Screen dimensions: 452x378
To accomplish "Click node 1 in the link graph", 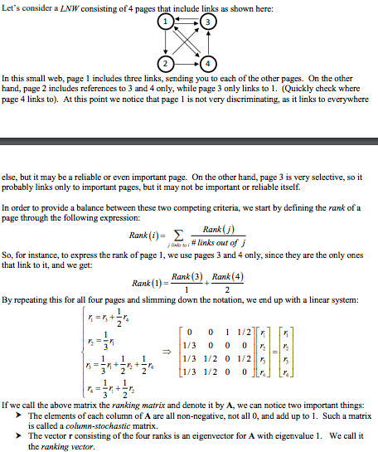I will tap(168, 21).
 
